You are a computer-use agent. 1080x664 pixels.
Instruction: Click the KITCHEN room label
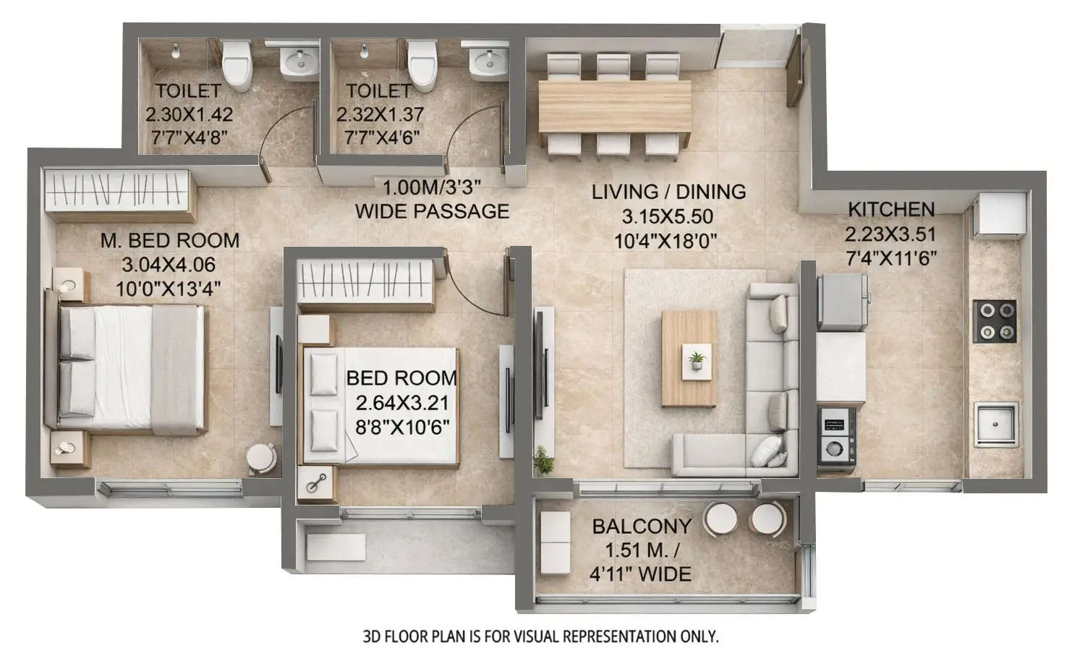[890, 210]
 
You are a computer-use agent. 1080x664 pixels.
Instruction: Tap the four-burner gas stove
[997, 322]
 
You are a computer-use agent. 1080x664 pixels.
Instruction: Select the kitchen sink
[996, 423]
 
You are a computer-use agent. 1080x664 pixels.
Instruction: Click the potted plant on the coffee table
[697, 359]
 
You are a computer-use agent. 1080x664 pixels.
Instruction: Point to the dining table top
[615, 104]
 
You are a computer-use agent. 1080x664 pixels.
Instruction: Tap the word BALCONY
[642, 526]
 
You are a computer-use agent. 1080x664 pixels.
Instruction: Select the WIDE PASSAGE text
[432, 211]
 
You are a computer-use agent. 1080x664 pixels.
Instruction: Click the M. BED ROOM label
[170, 240]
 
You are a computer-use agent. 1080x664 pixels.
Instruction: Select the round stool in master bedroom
[261, 458]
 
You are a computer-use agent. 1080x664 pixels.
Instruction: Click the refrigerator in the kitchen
[843, 300]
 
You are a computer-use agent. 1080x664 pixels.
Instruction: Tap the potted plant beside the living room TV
[542, 460]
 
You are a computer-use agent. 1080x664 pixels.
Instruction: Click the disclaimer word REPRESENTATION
[614, 637]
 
